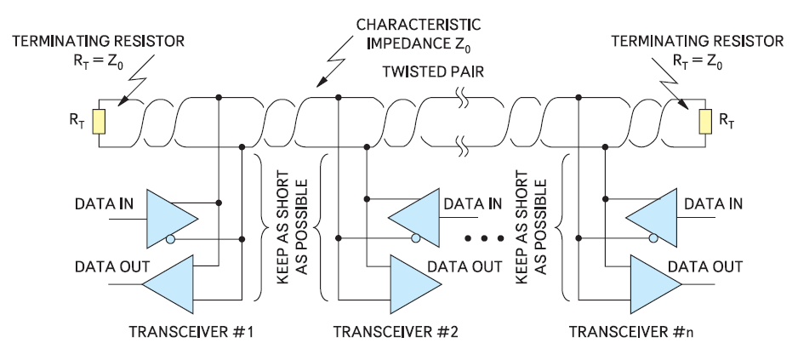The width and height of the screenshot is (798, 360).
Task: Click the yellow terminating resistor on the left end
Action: click(100, 121)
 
